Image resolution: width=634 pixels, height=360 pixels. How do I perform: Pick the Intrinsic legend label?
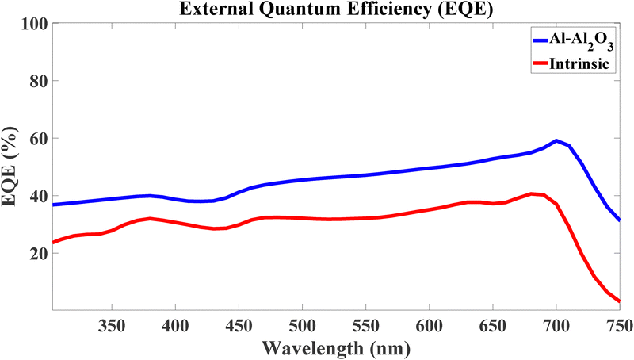579,64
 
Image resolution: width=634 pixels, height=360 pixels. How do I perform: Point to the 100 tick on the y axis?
32,24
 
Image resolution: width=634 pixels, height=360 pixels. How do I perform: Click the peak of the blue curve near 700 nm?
556,141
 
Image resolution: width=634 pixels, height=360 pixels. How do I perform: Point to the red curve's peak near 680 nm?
532,193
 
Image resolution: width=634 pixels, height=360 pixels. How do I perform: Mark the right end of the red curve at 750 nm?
619,301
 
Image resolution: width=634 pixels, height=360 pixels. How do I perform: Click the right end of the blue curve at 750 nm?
619,220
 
